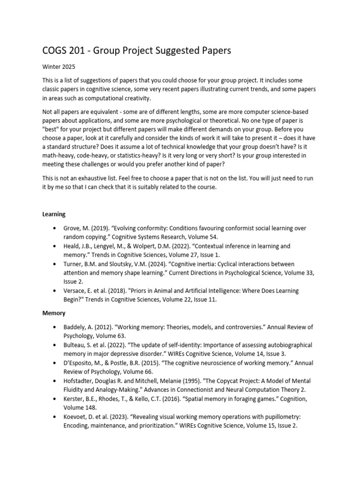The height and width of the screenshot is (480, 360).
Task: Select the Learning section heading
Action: (54, 214)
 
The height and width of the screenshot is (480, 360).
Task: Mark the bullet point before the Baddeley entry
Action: (55, 327)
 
